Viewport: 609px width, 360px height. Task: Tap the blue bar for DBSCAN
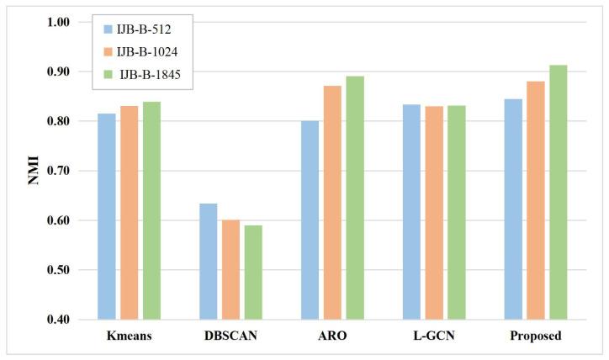point(209,262)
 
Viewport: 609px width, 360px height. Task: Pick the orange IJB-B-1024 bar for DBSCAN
point(230,269)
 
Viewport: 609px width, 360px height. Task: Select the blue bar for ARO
point(310,220)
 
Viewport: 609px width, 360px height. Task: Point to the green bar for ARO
point(354,198)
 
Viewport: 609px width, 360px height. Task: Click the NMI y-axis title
point(34,171)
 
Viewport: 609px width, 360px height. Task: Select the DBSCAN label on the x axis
point(230,336)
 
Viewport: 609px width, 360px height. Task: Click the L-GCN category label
point(434,336)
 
